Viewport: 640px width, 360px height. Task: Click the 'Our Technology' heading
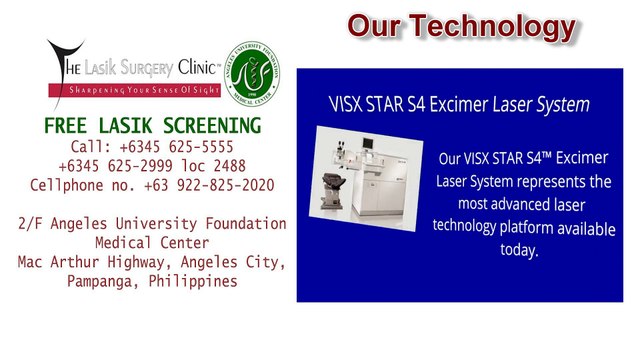coord(461,26)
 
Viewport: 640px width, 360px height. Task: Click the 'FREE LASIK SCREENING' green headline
coord(152,126)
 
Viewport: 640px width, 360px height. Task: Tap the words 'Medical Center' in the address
coord(152,243)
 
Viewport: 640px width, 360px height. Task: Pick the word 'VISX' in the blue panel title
coord(350,103)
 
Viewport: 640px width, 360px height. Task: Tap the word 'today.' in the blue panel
coord(519,249)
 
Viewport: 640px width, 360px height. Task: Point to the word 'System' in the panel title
coord(562,103)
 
